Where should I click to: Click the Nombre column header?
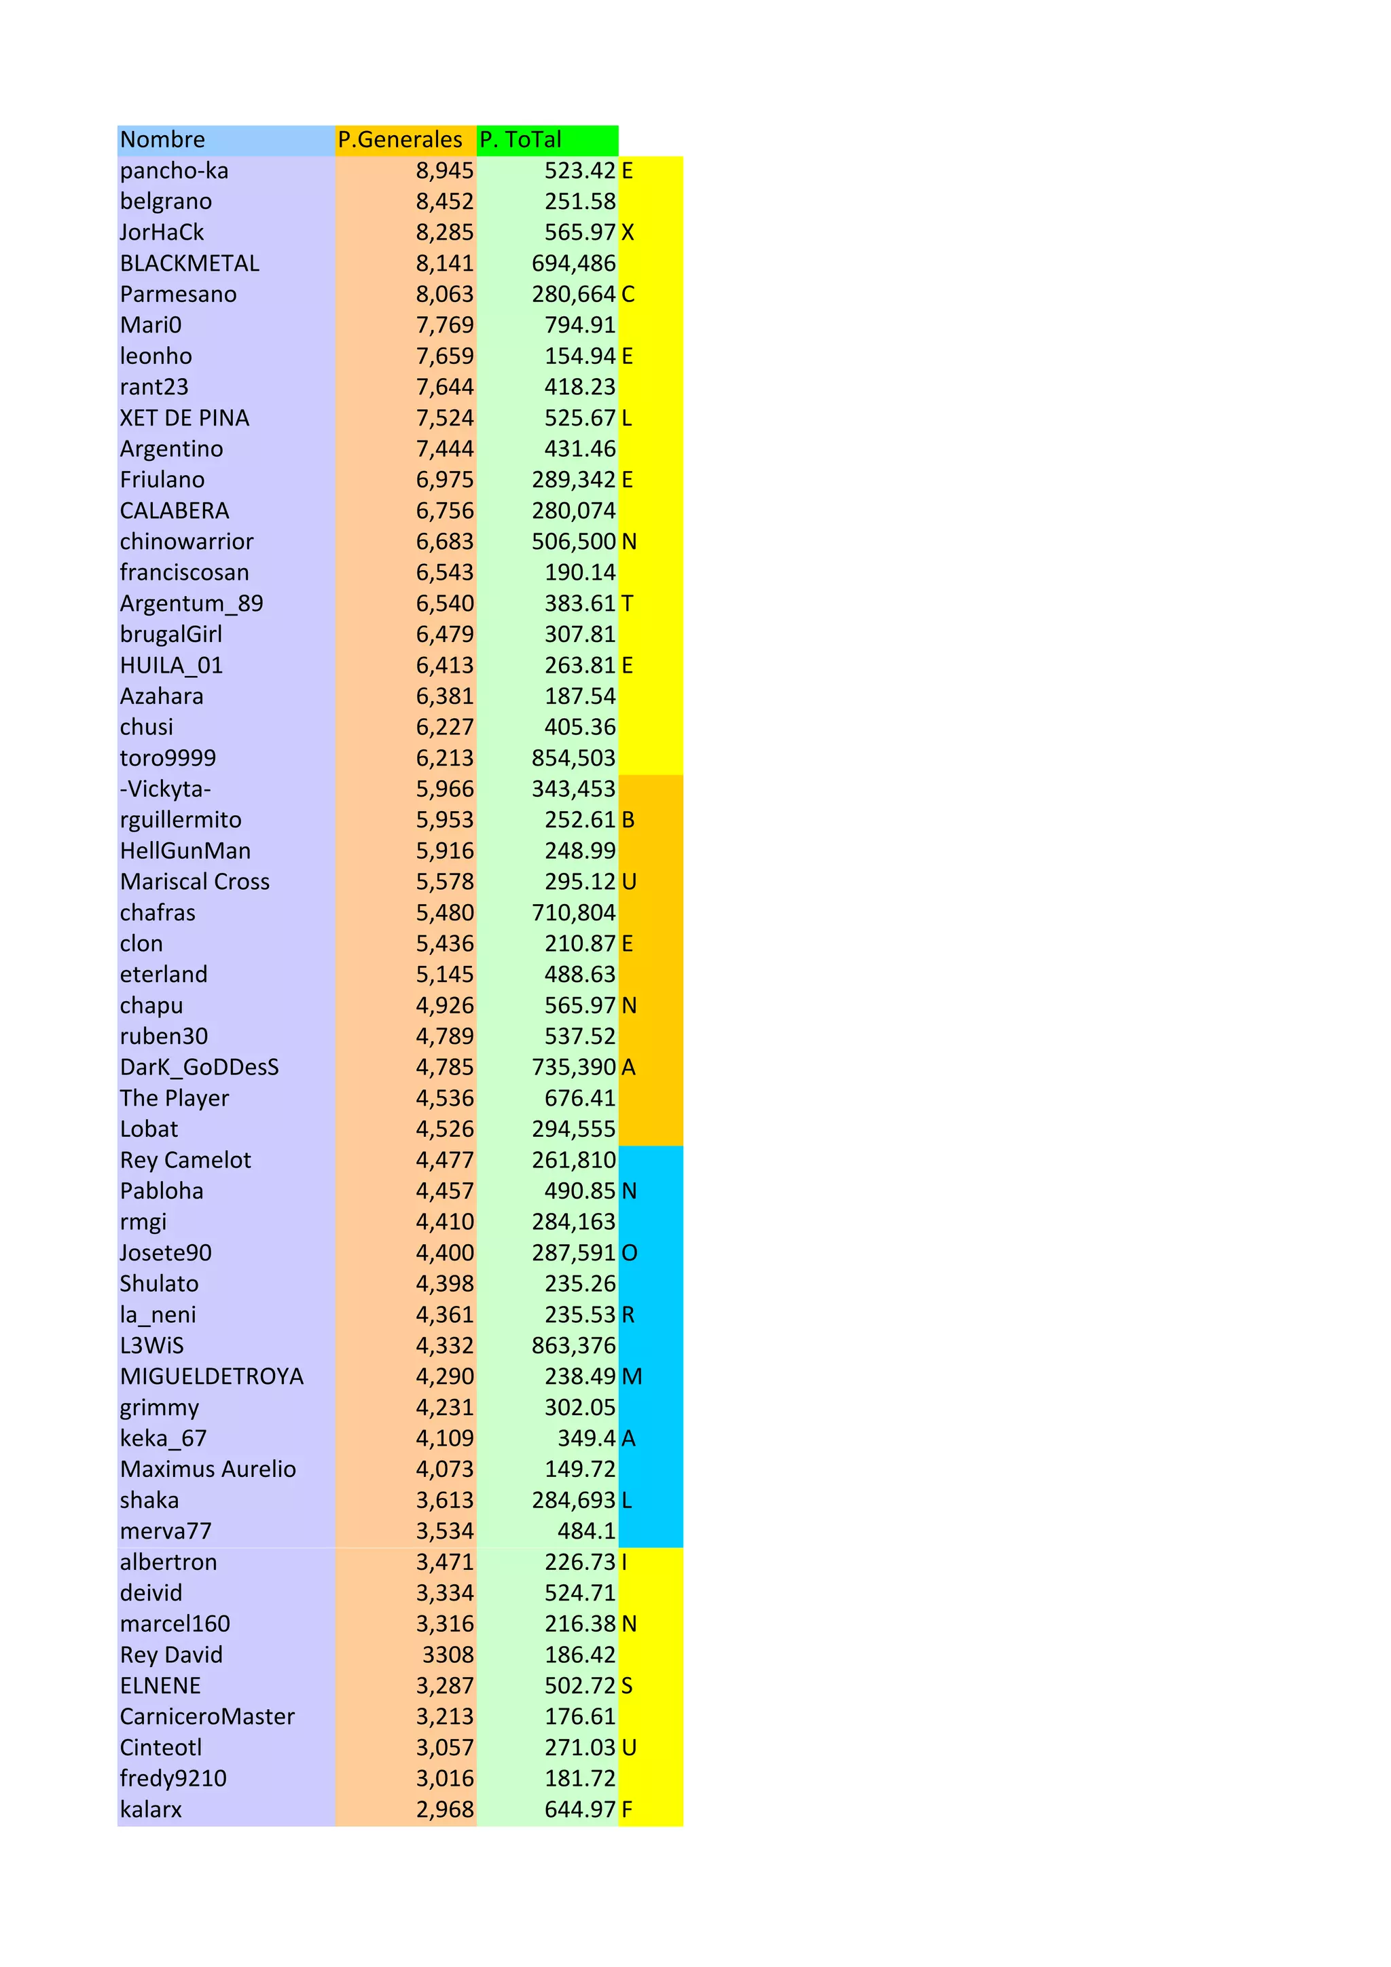[x=163, y=140]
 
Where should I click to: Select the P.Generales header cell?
[x=399, y=140]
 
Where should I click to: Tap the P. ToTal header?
[x=520, y=140]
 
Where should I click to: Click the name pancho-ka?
[x=174, y=170]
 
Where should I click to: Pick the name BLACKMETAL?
[x=189, y=263]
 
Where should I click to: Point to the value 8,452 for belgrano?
[x=444, y=202]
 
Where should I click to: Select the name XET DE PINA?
[x=184, y=418]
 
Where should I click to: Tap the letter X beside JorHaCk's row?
[x=628, y=232]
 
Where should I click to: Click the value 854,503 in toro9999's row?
[x=573, y=758]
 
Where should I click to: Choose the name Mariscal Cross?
[x=194, y=882]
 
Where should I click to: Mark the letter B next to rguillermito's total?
[x=628, y=820]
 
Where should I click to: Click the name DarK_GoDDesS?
[x=199, y=1068]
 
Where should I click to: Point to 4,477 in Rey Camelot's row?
[x=444, y=1160]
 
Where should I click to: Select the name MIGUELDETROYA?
[x=212, y=1376]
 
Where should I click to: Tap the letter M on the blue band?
[x=632, y=1376]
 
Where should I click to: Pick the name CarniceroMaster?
[x=206, y=1717]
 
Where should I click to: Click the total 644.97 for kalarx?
[x=579, y=1810]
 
